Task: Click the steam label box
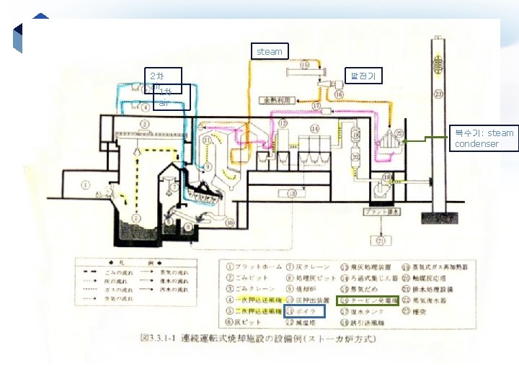pyautogui.click(x=270, y=51)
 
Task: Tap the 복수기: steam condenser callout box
pyautogui.click(x=484, y=138)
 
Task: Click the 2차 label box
pyautogui.click(x=162, y=76)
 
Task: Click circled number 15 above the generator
pyautogui.click(x=304, y=65)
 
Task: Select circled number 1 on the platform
pyautogui.click(x=85, y=184)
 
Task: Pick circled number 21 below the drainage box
pyautogui.click(x=380, y=241)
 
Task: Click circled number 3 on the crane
pyautogui.click(x=145, y=125)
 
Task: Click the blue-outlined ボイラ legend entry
pyautogui.click(x=306, y=311)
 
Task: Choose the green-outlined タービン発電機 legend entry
pyautogui.click(x=368, y=300)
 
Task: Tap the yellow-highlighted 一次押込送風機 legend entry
pyautogui.click(x=256, y=300)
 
